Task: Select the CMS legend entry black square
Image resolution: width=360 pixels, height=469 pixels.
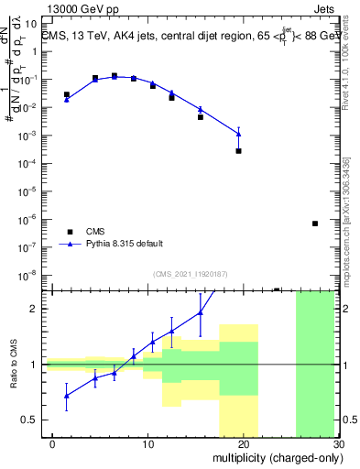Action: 67,231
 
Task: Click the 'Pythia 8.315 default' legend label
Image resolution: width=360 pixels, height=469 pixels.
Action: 125,244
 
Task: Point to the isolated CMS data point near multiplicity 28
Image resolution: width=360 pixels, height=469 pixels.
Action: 314,224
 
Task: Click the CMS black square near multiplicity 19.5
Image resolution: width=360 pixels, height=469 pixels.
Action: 238,151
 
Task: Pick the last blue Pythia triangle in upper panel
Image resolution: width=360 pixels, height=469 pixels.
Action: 238,134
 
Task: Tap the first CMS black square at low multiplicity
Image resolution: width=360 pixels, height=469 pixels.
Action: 67,94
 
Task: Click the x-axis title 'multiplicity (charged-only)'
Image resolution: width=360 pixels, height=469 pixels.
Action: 275,457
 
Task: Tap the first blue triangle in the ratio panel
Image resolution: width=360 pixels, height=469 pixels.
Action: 67,396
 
